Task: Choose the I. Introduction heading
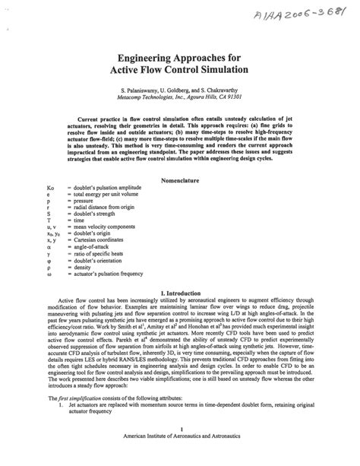[x=181, y=293]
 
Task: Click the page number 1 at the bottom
[x=180, y=450]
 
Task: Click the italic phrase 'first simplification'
[x=81, y=420]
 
